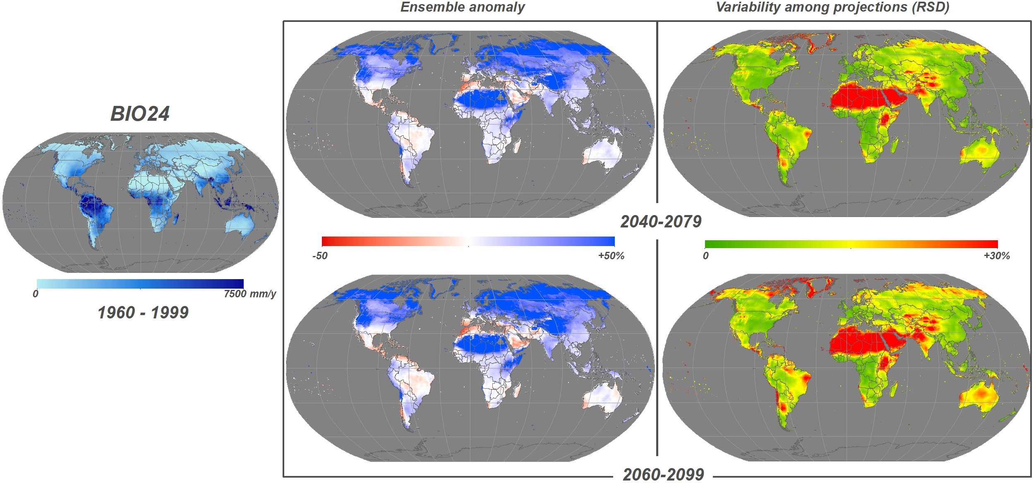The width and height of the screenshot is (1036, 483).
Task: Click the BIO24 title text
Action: click(x=140, y=114)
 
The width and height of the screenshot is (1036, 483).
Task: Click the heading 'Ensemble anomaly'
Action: click(x=462, y=7)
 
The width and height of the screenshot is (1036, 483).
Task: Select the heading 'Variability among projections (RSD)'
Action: click(x=832, y=7)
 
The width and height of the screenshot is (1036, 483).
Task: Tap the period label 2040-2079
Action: click(x=661, y=222)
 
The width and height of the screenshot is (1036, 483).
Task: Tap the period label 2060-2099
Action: click(x=663, y=474)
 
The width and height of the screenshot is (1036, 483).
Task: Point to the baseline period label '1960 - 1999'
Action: click(x=143, y=313)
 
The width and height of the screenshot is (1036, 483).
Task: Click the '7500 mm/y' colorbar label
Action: click(x=249, y=294)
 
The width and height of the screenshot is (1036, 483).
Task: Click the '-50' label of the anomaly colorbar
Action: click(x=320, y=256)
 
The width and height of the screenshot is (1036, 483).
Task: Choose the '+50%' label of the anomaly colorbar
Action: click(x=611, y=256)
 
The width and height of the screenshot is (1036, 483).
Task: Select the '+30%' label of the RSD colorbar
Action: click(x=996, y=256)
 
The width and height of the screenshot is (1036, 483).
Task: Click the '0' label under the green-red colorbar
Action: click(x=705, y=256)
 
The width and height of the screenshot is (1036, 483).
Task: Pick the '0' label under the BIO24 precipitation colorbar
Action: click(x=36, y=294)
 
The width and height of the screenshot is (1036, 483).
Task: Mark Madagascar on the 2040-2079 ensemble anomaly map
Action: click(x=517, y=146)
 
